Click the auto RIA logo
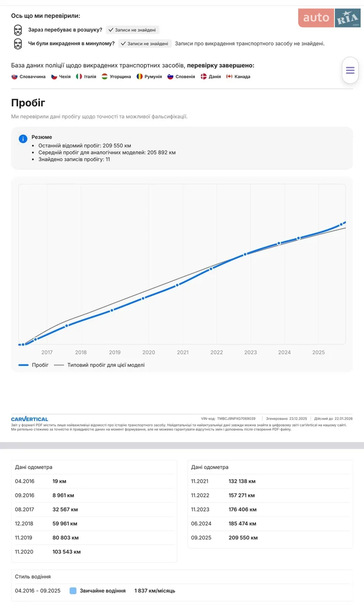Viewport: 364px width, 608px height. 329,18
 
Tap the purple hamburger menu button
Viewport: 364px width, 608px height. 350,70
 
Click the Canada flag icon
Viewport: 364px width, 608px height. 229,76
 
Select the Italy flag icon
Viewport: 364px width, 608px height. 78,76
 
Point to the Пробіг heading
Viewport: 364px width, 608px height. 28,103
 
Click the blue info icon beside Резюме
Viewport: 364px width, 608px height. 23,138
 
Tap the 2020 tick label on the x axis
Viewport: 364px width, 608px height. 148,352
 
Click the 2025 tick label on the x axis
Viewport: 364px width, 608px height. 318,352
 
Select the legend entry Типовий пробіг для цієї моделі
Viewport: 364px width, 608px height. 106,365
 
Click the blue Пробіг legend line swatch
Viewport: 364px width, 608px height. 23,365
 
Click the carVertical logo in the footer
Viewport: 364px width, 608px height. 30,419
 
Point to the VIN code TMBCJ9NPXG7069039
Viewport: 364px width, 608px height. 236,418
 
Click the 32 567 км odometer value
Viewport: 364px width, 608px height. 65,510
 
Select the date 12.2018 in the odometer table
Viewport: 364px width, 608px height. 24,524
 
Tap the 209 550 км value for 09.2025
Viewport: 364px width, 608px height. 243,538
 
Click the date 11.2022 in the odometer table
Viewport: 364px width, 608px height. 200,495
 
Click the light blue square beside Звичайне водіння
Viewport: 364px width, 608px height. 73,591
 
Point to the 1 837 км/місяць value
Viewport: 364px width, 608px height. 155,591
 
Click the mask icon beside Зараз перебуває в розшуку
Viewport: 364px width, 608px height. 18,30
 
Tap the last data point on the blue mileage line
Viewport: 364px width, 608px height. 341,225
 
